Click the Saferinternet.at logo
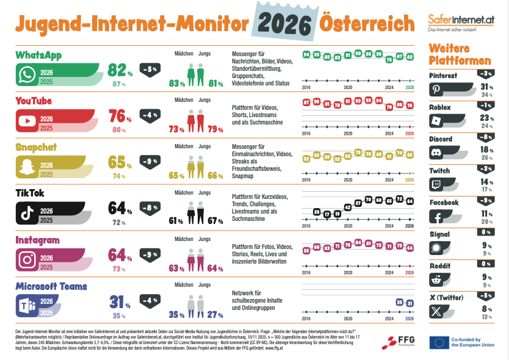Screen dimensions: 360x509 tap(461, 21)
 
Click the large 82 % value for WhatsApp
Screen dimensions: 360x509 tap(120, 71)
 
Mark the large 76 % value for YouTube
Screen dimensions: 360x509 tap(120, 116)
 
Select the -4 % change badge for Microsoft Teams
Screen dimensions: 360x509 tap(151, 300)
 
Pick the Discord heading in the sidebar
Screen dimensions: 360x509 tap(441, 139)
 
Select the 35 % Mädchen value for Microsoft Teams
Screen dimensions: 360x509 tap(177, 315)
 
